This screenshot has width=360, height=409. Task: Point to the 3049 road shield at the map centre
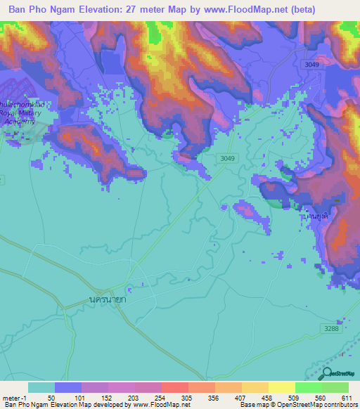coord(226,158)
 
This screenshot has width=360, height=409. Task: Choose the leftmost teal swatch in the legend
coord(41,387)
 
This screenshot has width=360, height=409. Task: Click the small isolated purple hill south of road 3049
coord(250,212)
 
